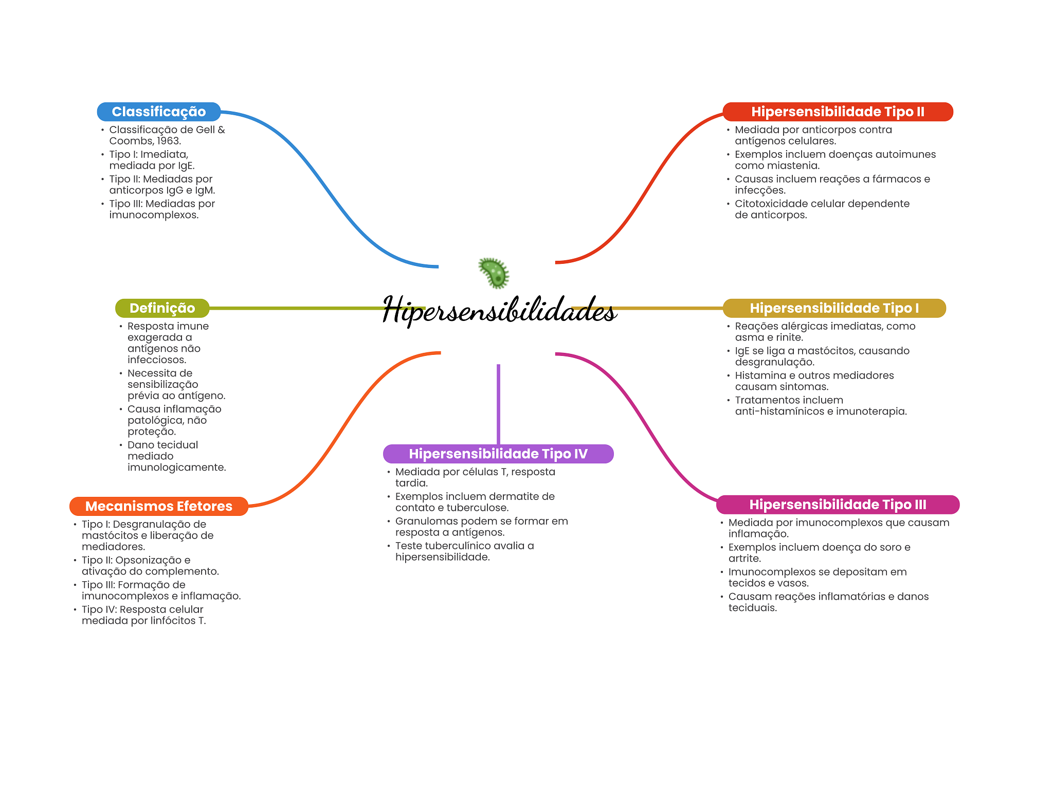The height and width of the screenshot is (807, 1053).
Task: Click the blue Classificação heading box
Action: (159, 112)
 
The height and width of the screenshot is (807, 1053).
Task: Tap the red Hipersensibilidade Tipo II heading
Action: (838, 112)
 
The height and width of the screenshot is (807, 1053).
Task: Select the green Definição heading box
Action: (162, 308)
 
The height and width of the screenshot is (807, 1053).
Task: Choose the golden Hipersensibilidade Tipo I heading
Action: (834, 308)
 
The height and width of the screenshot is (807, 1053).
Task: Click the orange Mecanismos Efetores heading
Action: (158, 506)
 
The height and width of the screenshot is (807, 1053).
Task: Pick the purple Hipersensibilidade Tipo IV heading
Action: (498, 454)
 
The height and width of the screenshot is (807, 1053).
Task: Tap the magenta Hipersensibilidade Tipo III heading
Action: (838, 505)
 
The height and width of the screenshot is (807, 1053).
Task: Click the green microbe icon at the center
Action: (494, 273)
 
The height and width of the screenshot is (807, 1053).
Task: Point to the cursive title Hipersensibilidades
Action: (499, 310)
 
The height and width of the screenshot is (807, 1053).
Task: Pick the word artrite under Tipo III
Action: (744, 559)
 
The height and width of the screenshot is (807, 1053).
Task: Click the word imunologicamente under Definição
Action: (176, 468)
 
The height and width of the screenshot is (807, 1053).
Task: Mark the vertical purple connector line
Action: (498, 404)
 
